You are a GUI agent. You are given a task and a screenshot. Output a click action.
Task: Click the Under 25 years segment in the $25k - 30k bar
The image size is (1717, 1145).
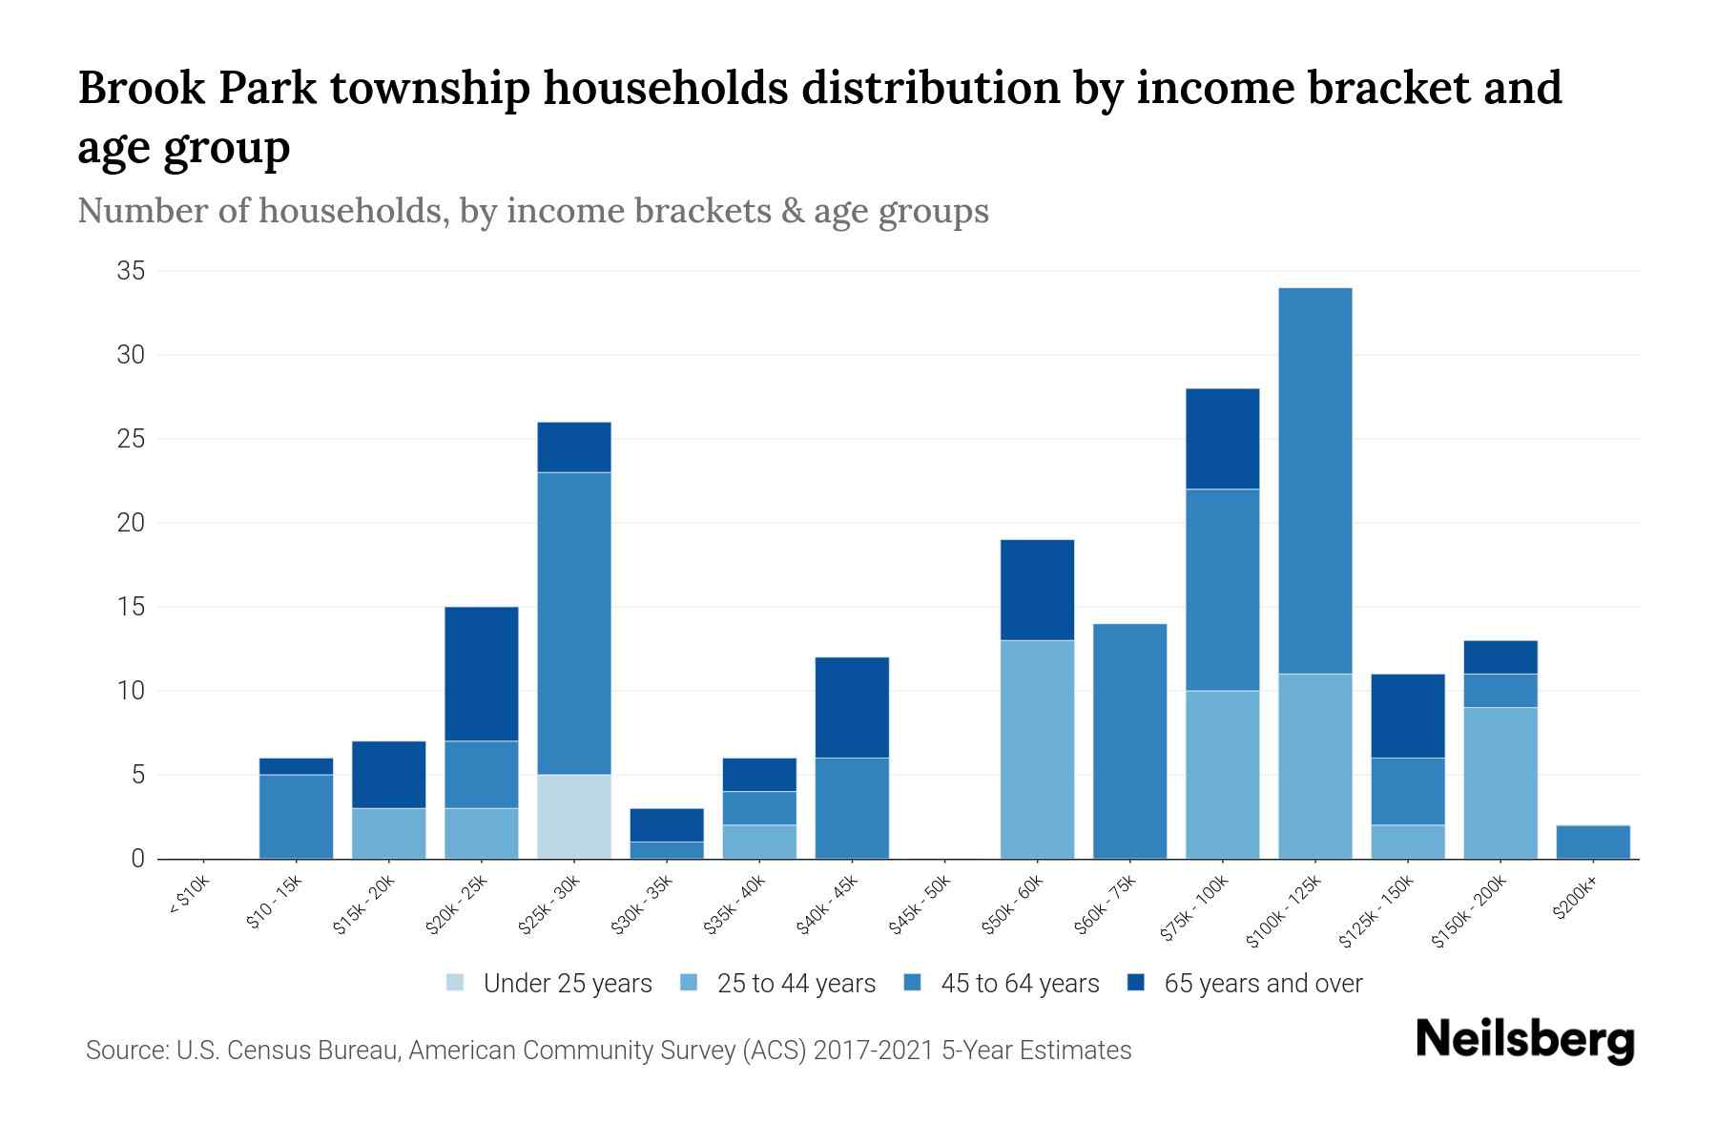point(574,816)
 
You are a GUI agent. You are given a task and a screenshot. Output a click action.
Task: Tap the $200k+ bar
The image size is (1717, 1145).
point(1593,842)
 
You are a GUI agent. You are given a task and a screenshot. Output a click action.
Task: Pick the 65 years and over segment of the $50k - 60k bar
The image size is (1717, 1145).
point(1037,590)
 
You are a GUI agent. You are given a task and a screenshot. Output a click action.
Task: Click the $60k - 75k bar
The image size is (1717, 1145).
point(1129,740)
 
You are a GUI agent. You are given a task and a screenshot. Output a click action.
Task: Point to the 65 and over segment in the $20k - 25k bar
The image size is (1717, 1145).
point(482,674)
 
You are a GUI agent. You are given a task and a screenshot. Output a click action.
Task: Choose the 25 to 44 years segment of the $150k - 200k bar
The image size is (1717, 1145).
point(1500,782)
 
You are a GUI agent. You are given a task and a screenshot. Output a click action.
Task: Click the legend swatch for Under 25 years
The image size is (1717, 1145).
point(456,983)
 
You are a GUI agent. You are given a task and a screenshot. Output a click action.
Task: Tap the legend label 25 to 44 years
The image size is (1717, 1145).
point(796,983)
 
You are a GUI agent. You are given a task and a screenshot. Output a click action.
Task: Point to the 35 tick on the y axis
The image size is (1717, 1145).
point(131,272)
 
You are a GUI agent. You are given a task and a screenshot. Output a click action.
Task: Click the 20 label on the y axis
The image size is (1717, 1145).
point(131,523)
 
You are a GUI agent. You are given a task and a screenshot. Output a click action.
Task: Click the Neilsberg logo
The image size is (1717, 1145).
point(1524,1040)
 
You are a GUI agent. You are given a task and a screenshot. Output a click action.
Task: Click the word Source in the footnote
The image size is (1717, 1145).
point(124,1051)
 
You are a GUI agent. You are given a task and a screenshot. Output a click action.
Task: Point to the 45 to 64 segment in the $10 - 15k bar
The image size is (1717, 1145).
point(296,816)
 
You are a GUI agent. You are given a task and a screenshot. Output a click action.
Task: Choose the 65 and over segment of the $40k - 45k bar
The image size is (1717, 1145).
point(852,707)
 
